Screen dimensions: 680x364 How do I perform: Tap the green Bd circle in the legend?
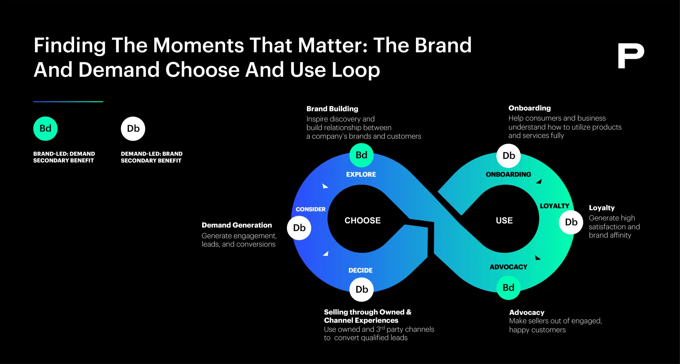pyautogui.click(x=45, y=128)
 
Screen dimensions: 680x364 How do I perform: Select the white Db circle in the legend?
pyautogui.click(x=133, y=128)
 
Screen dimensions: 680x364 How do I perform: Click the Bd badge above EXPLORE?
pyautogui.click(x=361, y=155)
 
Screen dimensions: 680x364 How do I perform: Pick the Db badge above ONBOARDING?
pyautogui.click(x=509, y=156)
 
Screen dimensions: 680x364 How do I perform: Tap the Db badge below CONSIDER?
pyautogui.click(x=299, y=228)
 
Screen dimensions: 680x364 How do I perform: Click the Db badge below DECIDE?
pyautogui.click(x=362, y=289)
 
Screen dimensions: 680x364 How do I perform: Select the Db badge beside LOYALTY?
pyautogui.click(x=571, y=222)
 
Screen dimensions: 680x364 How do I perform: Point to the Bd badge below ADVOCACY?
pyautogui.click(x=508, y=288)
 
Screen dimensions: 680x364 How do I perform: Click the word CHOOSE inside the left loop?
pyautogui.click(x=362, y=221)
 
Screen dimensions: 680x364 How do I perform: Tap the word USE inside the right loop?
pyautogui.click(x=504, y=221)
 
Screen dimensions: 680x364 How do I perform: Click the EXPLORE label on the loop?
pyautogui.click(x=361, y=174)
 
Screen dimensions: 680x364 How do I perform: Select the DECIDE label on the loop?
pyautogui.click(x=360, y=270)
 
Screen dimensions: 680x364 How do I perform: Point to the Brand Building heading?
pyautogui.click(x=332, y=109)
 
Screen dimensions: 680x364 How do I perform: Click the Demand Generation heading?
pyautogui.click(x=237, y=225)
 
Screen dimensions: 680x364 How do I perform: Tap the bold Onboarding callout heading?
pyautogui.click(x=529, y=108)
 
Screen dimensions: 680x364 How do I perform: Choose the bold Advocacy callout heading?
pyautogui.click(x=527, y=313)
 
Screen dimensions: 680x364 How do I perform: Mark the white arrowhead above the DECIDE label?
pyautogui.click(x=326, y=254)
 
